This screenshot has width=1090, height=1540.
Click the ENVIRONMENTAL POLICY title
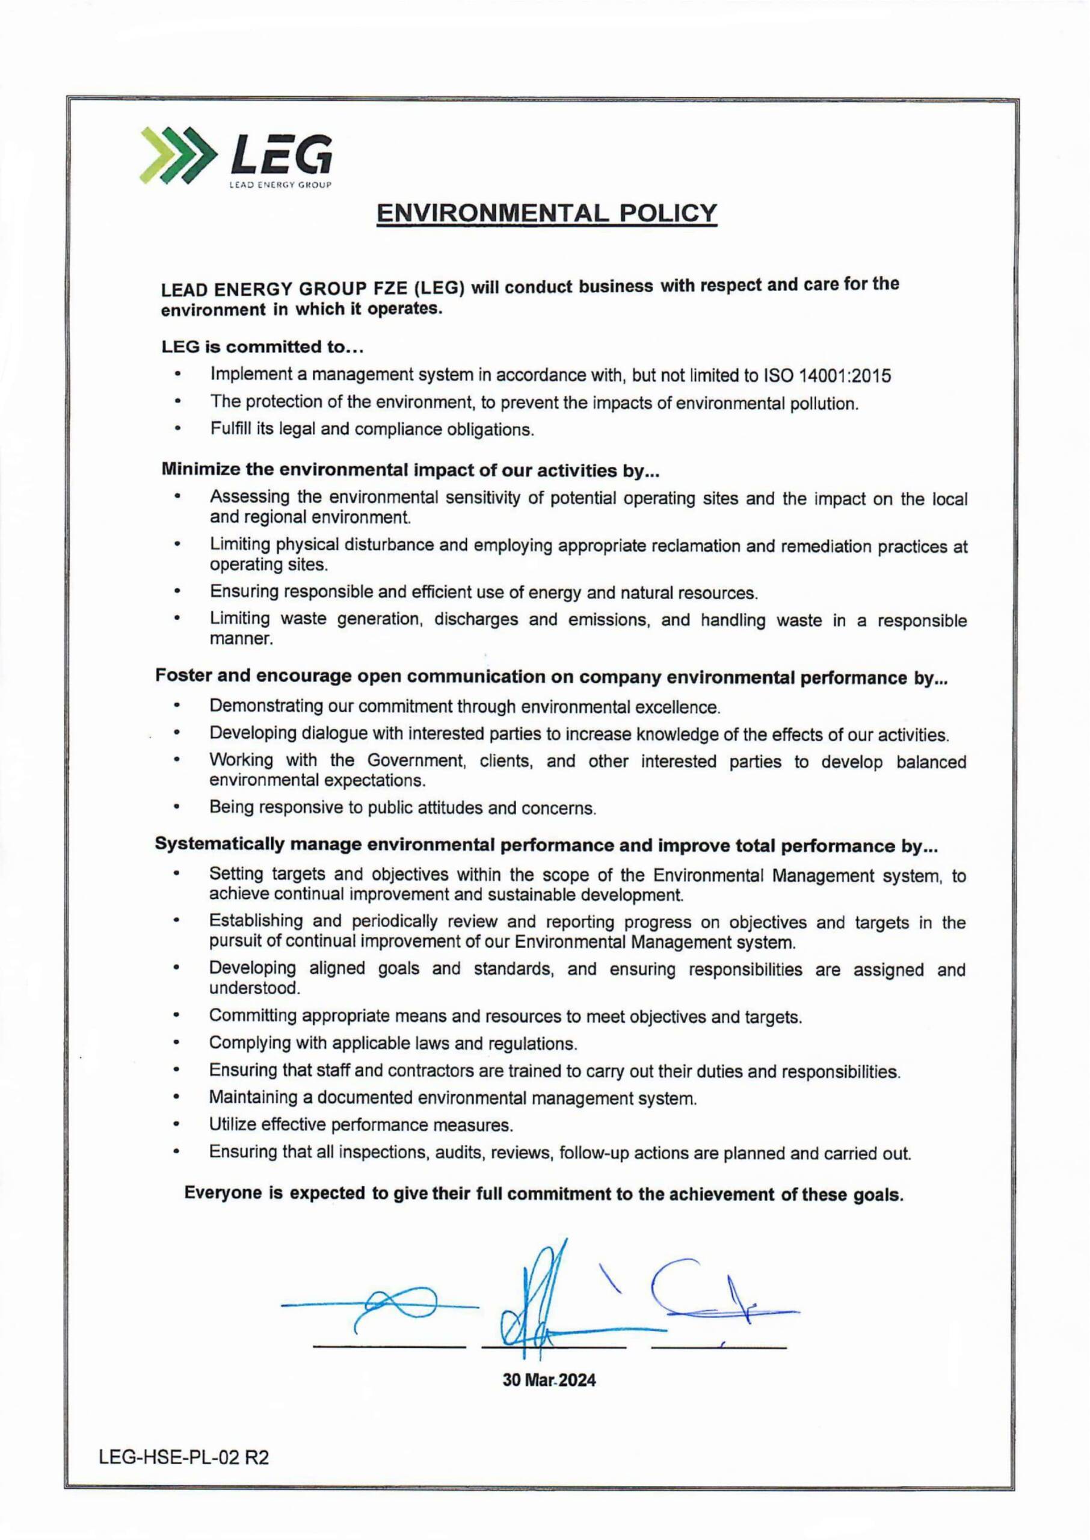coord(546,214)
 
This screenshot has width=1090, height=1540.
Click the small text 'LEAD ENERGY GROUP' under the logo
coord(280,185)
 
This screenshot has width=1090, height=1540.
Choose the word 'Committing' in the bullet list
coord(253,1016)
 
